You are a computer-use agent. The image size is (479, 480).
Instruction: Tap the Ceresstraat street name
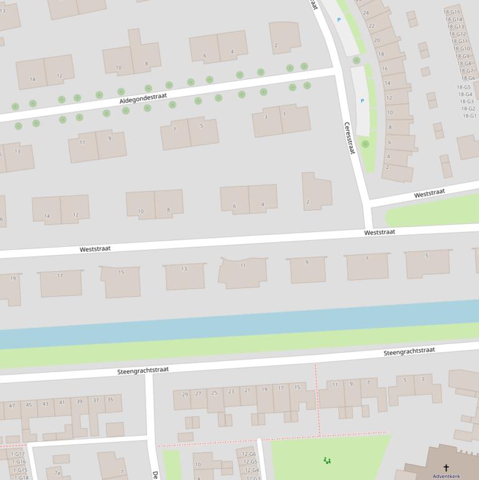tap(349, 138)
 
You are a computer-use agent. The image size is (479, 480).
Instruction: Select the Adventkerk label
tap(446, 476)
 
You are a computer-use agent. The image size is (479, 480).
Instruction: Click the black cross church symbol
tap(446, 468)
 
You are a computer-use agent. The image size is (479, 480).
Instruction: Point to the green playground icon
tap(327, 461)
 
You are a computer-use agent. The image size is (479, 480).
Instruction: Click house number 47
tap(11, 406)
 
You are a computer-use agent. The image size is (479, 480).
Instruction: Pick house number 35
tap(110, 400)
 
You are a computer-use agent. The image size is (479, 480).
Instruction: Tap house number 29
tap(185, 394)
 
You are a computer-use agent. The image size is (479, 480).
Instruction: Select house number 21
tap(247, 390)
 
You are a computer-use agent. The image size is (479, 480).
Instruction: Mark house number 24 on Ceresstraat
tap(366, 12)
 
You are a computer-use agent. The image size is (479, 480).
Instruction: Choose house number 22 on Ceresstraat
tap(371, 26)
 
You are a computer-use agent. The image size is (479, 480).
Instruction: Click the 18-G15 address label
tap(452, 12)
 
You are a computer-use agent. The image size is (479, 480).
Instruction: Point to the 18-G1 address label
tap(469, 116)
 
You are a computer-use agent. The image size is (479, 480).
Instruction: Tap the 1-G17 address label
tap(17, 454)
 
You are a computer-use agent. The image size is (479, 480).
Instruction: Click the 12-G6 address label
tap(249, 454)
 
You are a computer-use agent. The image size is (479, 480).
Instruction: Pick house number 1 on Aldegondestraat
tap(285, 114)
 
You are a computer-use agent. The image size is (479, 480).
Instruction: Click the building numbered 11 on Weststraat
tap(243, 266)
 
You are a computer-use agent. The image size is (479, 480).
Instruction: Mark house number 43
tap(45, 404)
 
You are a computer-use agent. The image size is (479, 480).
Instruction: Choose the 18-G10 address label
tap(462, 49)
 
